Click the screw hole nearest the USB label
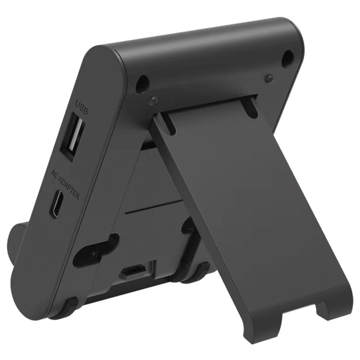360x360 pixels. point(140,84)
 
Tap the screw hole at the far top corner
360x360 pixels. point(286,58)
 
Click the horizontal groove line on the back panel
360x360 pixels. point(156,208)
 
